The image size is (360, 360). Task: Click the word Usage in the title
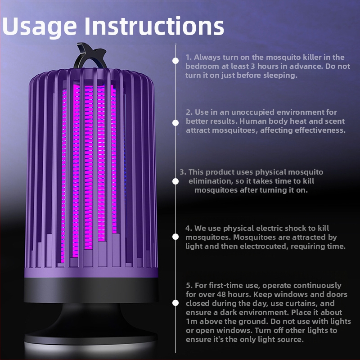click(x=39, y=27)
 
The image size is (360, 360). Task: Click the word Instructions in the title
click(x=154, y=26)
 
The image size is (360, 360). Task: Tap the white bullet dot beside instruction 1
click(x=175, y=61)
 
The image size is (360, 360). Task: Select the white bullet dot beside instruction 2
click(x=175, y=123)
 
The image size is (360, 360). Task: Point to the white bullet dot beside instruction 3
click(x=175, y=181)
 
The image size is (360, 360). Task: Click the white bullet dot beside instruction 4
click(x=175, y=237)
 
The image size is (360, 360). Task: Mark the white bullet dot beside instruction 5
click(x=175, y=303)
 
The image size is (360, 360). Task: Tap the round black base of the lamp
click(x=91, y=333)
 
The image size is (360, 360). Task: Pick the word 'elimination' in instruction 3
click(x=210, y=181)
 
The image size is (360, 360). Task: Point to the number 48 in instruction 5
click(x=221, y=294)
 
